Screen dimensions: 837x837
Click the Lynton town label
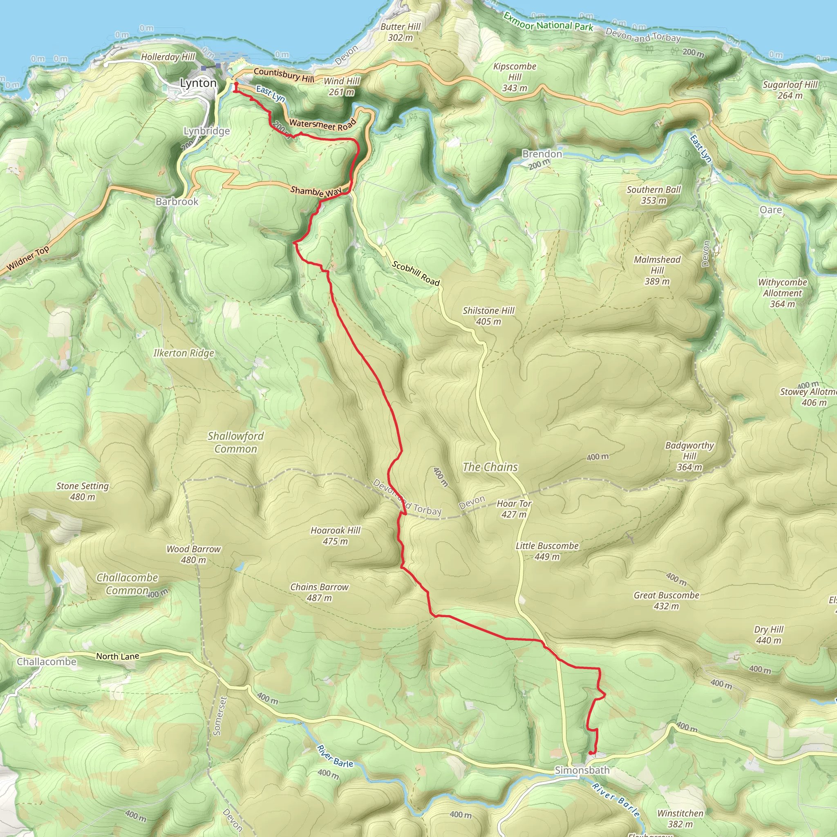click(x=198, y=83)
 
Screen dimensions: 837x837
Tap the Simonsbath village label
click(x=582, y=770)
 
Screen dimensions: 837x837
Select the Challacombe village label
click(x=47, y=662)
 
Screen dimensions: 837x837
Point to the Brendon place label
click(x=542, y=154)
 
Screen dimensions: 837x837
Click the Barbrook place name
click(x=177, y=201)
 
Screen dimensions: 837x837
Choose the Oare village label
click(x=771, y=210)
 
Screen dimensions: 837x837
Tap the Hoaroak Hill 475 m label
click(x=335, y=536)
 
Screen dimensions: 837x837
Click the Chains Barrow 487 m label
click(x=319, y=592)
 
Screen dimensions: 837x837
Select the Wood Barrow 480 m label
click(x=194, y=555)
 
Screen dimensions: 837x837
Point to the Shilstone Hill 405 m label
click(x=488, y=316)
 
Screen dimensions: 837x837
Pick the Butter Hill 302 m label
click(x=400, y=32)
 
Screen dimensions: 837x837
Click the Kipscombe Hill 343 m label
click(x=515, y=77)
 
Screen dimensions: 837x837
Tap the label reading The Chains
click(x=490, y=467)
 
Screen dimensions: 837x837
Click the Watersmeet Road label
click(x=322, y=124)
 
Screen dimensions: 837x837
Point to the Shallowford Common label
click(x=236, y=442)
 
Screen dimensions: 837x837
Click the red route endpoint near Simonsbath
click(x=591, y=752)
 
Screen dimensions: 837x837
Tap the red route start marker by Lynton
click(x=236, y=84)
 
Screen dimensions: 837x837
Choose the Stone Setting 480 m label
click(x=82, y=491)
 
